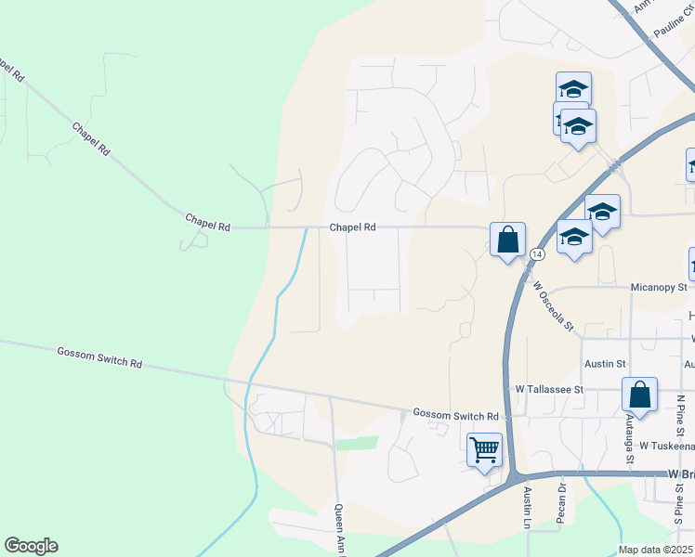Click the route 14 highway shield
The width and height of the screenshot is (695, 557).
537,253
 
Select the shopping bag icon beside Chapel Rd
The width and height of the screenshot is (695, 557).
507,241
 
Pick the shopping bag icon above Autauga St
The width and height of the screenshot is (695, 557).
640,395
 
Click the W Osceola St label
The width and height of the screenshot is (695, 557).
556,307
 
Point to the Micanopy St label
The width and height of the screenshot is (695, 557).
657,288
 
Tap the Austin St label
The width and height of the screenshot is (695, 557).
605,365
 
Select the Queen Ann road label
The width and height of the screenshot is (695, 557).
340,530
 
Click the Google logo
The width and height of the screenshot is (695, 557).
31,546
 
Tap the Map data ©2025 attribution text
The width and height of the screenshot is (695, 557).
656,550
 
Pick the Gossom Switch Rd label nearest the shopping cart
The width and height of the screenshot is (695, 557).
455,415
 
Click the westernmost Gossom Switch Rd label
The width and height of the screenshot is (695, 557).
99,357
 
